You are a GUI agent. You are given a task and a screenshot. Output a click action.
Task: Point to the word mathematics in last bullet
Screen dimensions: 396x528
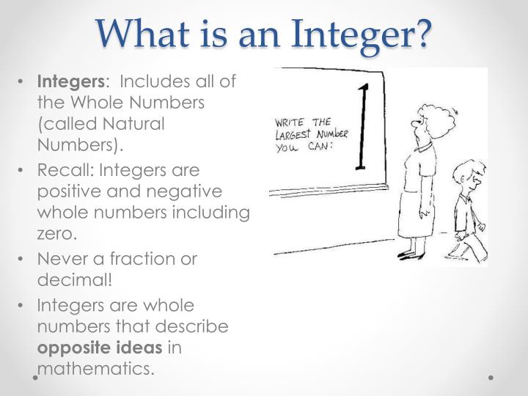(x=95, y=367)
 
